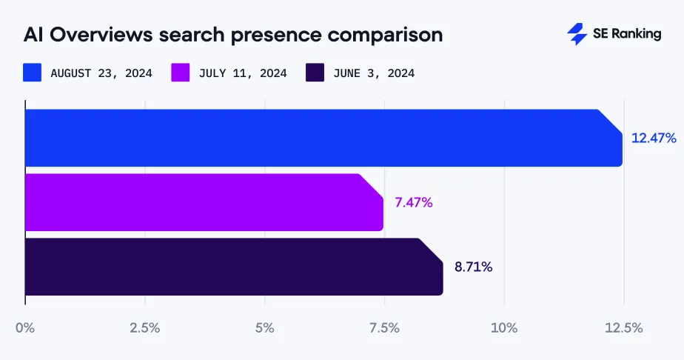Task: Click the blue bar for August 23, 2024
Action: [323, 138]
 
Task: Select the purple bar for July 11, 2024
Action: [204, 202]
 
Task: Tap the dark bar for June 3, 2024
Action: [233, 267]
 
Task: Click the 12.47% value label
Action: [654, 138]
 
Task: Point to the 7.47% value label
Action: [413, 202]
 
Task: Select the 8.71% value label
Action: [473, 267]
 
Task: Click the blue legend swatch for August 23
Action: [32, 73]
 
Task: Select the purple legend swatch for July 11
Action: [181, 73]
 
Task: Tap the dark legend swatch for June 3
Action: [315, 73]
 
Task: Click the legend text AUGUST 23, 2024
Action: [101, 73]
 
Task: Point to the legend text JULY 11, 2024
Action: [243, 73]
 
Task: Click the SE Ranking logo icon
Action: [577, 34]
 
